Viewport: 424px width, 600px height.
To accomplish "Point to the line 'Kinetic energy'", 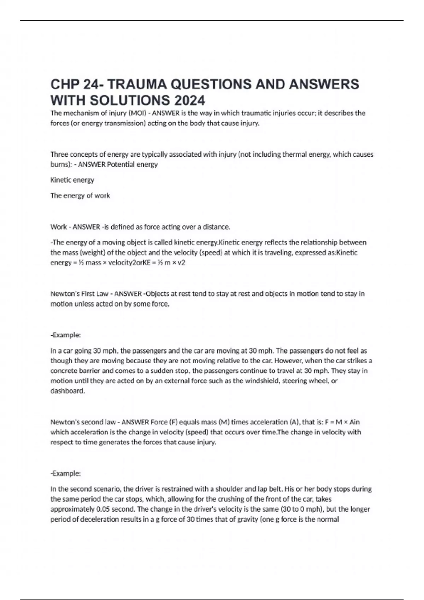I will pyautogui.click(x=72, y=180).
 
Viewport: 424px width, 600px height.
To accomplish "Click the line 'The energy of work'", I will pyautogui.click(x=80, y=196).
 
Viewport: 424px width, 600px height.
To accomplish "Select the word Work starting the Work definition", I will pyautogui.click(x=58, y=227).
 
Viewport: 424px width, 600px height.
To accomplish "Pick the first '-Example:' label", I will pyautogui.click(x=66, y=335).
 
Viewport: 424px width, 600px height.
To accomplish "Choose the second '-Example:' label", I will pyautogui.click(x=66, y=473).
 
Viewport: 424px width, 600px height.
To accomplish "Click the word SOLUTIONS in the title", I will pyautogui.click(x=130, y=101).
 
